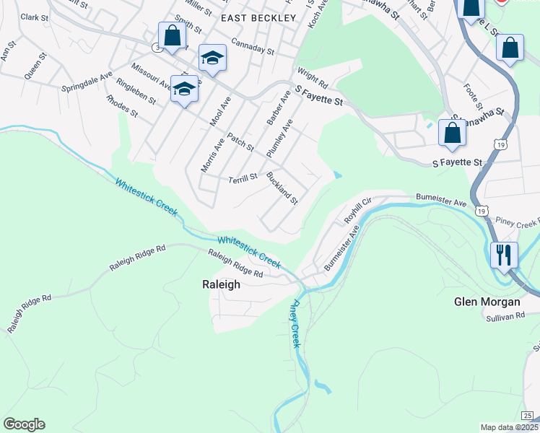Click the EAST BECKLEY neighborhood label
click(x=258, y=17)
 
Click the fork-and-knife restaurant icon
click(x=503, y=255)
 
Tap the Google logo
click(x=24, y=424)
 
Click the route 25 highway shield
click(x=528, y=415)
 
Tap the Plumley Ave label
click(x=279, y=139)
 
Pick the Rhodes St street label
click(x=121, y=105)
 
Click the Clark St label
click(x=35, y=17)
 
